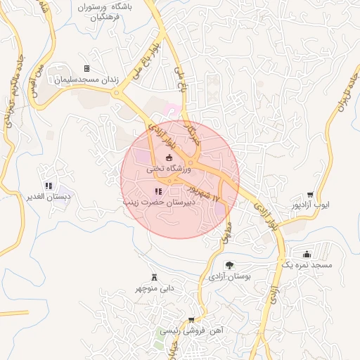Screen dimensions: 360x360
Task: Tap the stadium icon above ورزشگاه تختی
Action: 168,157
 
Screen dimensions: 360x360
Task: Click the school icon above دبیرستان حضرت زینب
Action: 157,191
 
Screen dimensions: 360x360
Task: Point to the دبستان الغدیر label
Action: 49,196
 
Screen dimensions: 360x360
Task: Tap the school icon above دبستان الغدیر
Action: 50,185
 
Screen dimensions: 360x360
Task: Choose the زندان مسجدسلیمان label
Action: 85,79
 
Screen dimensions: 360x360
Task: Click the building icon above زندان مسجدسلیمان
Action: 86,68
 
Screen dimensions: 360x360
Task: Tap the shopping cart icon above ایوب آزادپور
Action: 310,195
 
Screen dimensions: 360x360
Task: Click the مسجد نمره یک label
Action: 306,265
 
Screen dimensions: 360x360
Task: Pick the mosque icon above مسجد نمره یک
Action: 307,254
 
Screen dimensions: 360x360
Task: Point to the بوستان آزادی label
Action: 230,277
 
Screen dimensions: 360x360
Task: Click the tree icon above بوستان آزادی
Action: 229,265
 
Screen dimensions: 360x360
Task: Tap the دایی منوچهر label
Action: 153,288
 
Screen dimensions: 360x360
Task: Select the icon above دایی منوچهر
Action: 154,276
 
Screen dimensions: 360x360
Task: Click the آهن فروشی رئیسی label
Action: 189,330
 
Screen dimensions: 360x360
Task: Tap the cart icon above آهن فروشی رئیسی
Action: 191,320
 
